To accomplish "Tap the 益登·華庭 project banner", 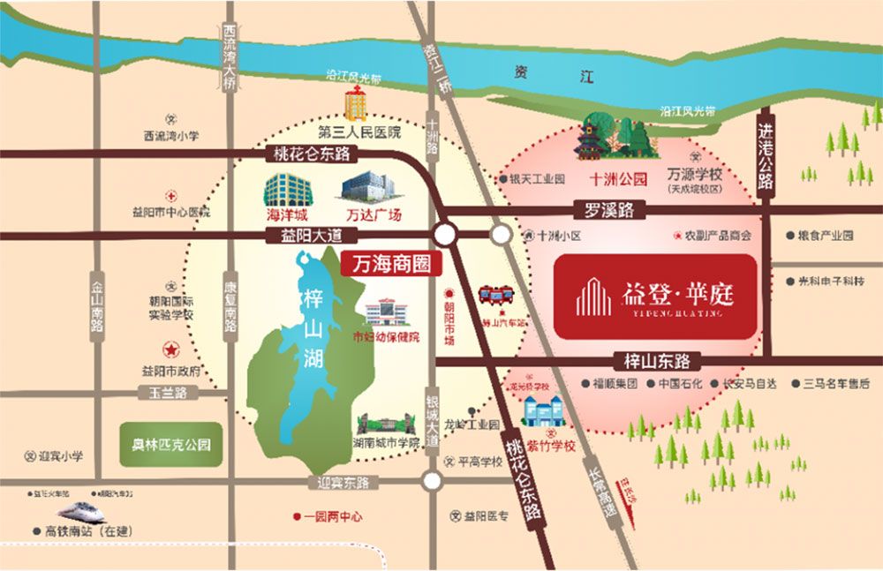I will pyautogui.click(x=656, y=297).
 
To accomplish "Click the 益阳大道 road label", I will pyautogui.click(x=303, y=235).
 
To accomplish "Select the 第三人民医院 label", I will pyautogui.click(x=359, y=133).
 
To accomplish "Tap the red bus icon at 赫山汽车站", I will pyautogui.click(x=495, y=296).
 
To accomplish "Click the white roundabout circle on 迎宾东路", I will pyautogui.click(x=432, y=481).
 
